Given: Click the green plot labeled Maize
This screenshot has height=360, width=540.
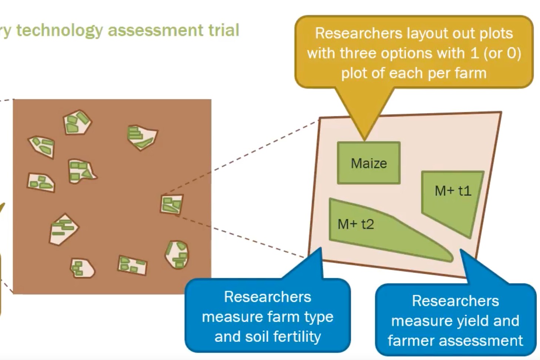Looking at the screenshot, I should point(368,163).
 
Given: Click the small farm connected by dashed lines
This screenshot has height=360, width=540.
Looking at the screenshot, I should point(172,204).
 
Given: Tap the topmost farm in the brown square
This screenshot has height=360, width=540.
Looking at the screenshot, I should point(77,122).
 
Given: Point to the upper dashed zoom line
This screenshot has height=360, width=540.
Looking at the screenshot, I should point(241,156).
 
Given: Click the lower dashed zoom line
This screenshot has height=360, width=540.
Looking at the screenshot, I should point(241,237).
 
